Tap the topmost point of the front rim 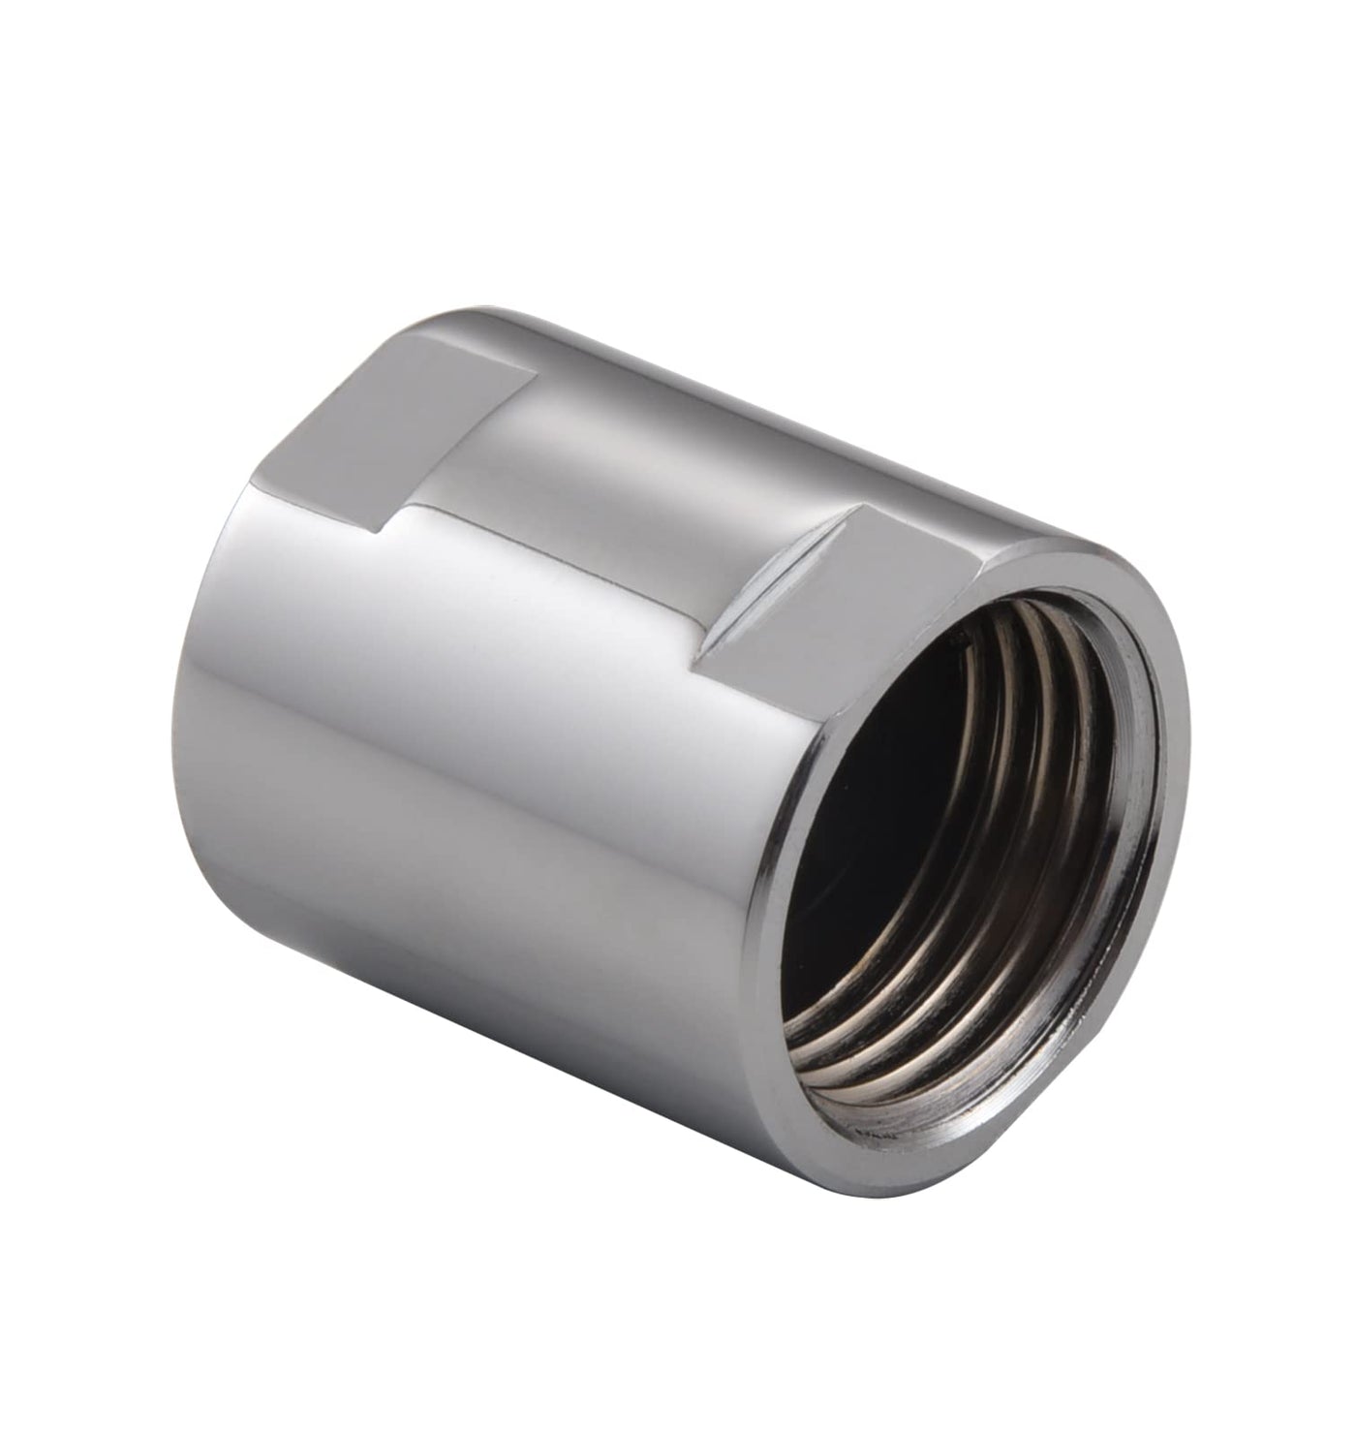click(x=1046, y=547)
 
